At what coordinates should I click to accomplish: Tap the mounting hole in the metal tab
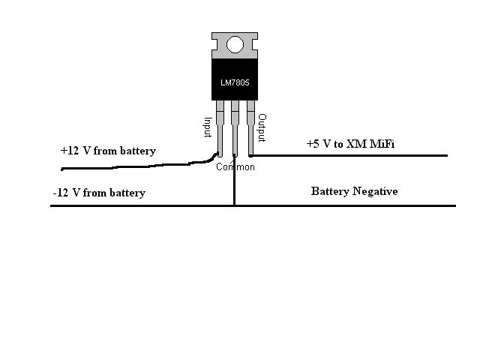coord(235,44)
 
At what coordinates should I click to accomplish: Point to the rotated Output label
coord(262,127)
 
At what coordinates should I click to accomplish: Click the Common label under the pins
coord(235,166)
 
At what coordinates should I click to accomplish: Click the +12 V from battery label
coord(108,151)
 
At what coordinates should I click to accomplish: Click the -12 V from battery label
coord(99,193)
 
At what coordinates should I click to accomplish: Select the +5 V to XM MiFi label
coord(350,143)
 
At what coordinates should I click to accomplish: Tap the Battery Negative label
coord(354,191)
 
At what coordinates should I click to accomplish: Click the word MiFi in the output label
coord(381,143)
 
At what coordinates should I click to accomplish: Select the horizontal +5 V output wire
coord(352,155)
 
